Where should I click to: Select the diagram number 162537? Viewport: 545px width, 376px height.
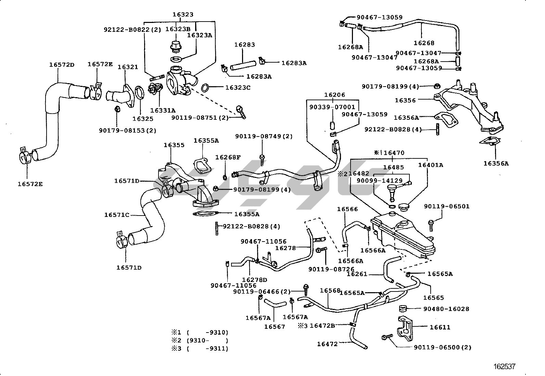click(x=504, y=367)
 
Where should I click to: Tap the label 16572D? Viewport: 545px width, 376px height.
click(x=62, y=65)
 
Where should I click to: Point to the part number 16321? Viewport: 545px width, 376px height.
click(x=128, y=67)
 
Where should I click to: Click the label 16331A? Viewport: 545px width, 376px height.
click(x=163, y=110)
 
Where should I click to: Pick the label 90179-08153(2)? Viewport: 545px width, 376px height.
click(x=128, y=130)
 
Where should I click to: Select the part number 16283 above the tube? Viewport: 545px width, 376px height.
click(x=244, y=45)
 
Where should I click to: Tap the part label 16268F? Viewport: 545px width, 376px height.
click(x=228, y=157)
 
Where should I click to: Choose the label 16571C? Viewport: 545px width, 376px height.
click(x=117, y=215)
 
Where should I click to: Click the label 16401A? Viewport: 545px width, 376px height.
click(x=430, y=165)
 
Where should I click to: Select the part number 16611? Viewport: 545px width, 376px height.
click(x=440, y=327)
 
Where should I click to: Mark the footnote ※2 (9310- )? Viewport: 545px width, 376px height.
click(x=200, y=340)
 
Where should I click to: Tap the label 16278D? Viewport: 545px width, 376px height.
click(x=254, y=280)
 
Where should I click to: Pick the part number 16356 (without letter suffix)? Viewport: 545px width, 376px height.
click(x=405, y=100)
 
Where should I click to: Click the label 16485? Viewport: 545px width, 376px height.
click(x=393, y=167)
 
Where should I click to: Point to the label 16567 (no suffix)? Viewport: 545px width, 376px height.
click(x=275, y=327)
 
